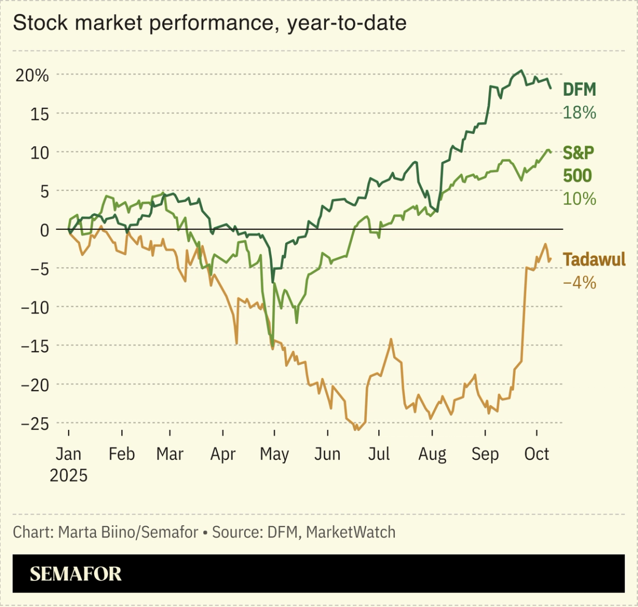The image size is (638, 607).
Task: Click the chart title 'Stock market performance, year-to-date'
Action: (x=209, y=23)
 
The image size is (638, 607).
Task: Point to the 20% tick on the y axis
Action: (x=32, y=75)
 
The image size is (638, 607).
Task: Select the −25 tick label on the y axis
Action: (x=34, y=424)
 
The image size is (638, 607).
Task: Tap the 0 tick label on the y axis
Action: (x=44, y=230)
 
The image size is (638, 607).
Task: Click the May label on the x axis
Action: (x=274, y=454)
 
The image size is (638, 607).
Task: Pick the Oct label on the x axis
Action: (x=536, y=454)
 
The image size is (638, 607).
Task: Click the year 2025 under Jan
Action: (x=69, y=475)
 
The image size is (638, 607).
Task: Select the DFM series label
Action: (x=579, y=90)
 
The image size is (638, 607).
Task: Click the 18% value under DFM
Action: (x=579, y=113)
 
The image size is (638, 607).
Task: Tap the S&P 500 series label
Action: (x=578, y=164)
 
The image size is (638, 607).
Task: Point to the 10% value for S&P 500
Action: (x=579, y=199)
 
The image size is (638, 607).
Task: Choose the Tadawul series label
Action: (x=594, y=259)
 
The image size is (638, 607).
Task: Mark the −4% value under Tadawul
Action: (x=579, y=283)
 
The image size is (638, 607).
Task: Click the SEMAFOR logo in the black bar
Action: (x=75, y=574)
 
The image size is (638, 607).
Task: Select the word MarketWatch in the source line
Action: (x=351, y=532)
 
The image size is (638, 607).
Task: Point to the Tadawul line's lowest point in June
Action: (x=356, y=430)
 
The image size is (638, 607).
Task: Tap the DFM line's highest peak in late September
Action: (x=521, y=71)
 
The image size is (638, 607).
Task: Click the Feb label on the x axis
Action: (x=121, y=454)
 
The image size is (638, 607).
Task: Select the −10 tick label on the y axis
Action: (x=34, y=307)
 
